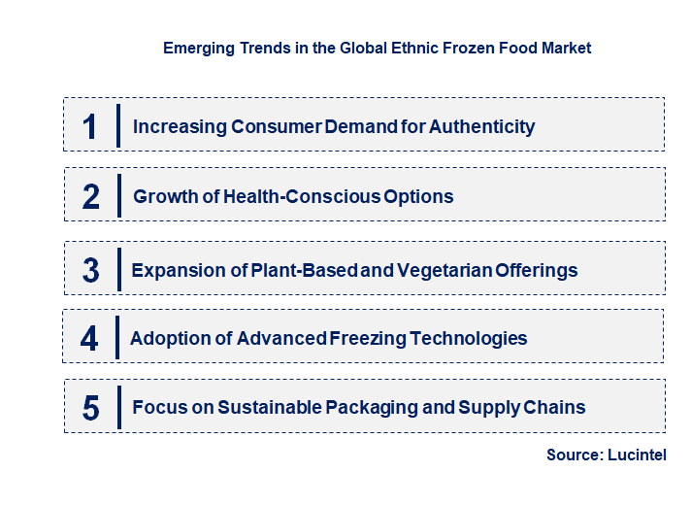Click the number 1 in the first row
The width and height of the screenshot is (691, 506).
[x=90, y=126]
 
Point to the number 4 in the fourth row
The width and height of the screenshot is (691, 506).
[x=89, y=339]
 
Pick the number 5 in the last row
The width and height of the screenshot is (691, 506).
[x=91, y=408]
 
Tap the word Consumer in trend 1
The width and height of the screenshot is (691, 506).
[x=273, y=126]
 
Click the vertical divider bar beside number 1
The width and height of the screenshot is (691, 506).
[x=118, y=124]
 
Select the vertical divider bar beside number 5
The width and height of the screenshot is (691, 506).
[x=118, y=406]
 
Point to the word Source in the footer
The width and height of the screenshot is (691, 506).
[x=572, y=455]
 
